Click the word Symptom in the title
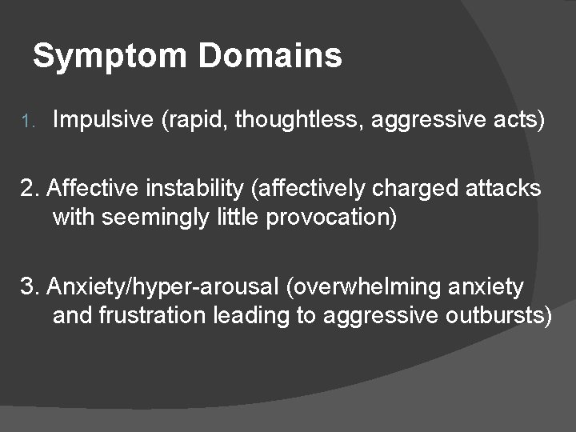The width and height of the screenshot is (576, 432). click(109, 57)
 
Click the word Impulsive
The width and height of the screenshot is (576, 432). click(103, 122)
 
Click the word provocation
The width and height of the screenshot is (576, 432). click(330, 218)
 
